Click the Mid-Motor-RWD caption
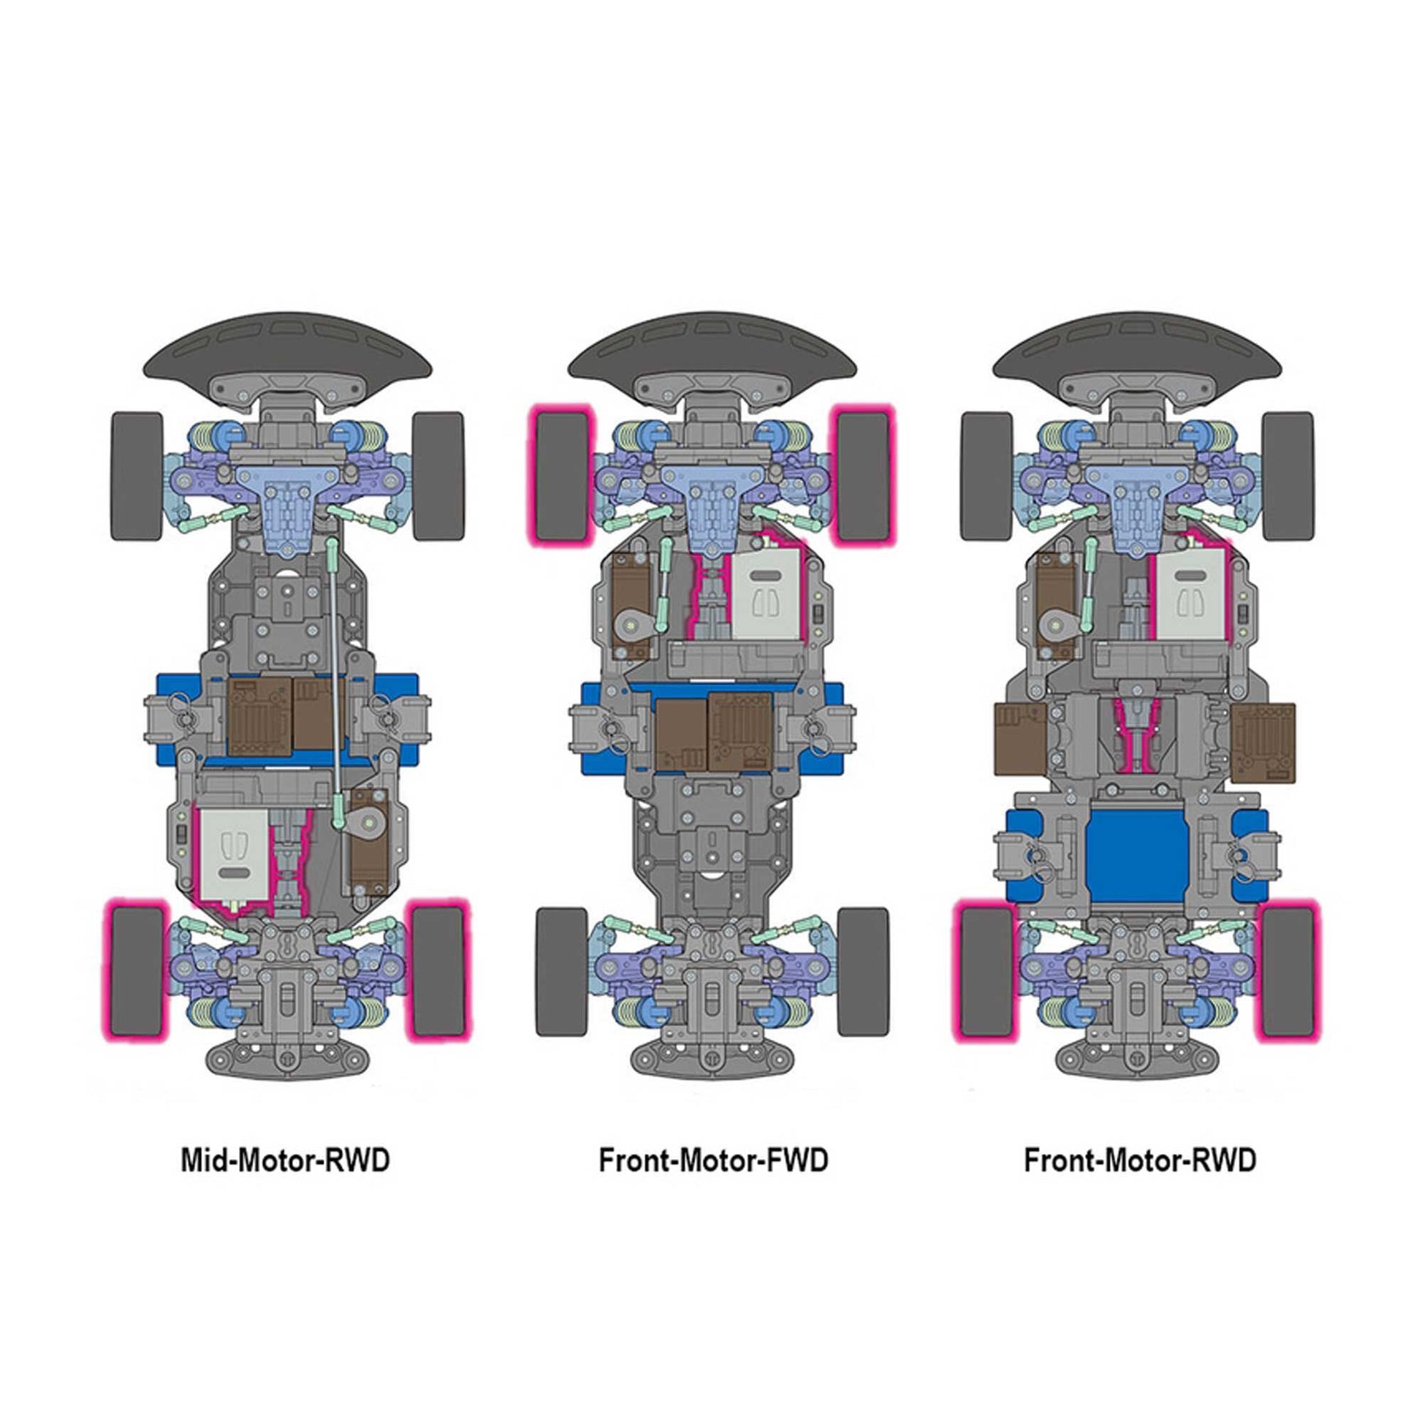[285, 1160]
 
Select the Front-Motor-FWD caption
[713, 1160]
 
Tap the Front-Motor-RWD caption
[1140, 1160]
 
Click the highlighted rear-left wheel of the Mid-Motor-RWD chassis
[137, 970]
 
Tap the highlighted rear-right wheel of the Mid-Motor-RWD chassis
[439, 970]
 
